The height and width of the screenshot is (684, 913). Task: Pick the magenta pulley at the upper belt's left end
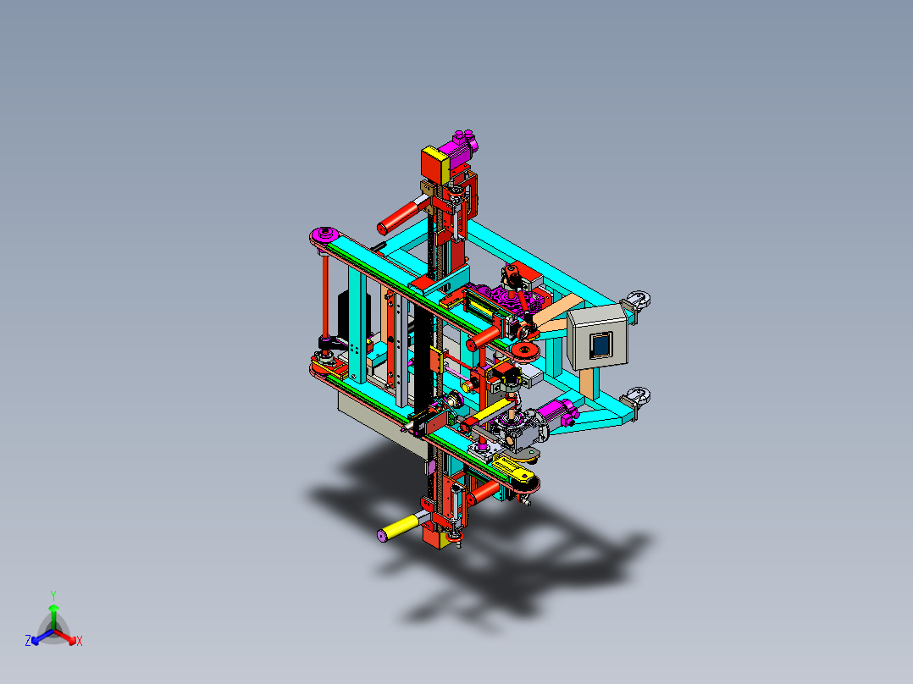point(324,235)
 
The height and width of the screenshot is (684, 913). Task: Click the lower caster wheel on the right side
point(636,396)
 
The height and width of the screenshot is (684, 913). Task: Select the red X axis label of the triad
point(80,642)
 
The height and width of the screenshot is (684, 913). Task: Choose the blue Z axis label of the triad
point(27,642)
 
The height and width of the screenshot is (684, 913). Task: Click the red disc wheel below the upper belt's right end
point(526,351)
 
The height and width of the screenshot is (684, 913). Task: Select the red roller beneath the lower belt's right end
point(484,492)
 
